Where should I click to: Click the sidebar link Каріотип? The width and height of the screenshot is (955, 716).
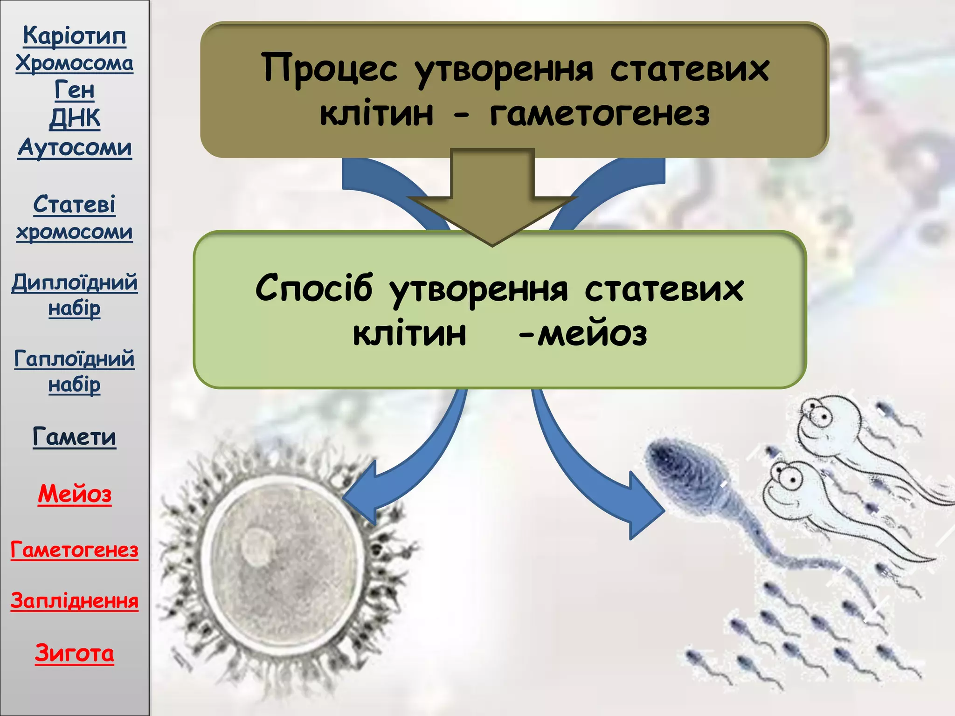click(x=75, y=36)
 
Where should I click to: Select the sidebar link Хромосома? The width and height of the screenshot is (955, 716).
click(x=75, y=63)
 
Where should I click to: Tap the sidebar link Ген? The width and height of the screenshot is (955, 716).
click(x=75, y=90)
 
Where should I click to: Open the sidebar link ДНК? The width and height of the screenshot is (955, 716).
click(x=75, y=118)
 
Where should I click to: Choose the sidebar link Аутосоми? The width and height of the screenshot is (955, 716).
click(x=75, y=148)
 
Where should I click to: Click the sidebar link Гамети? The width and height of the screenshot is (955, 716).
click(x=75, y=437)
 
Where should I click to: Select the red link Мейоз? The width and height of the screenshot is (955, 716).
click(x=75, y=494)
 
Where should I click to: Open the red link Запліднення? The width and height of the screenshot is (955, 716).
click(x=75, y=601)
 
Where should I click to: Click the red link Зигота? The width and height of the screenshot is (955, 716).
click(x=75, y=653)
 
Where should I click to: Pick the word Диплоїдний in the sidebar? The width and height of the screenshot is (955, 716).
click(x=75, y=282)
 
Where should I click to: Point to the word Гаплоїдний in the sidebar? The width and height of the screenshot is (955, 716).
click(x=75, y=359)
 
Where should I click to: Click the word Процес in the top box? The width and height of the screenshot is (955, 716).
click(x=329, y=69)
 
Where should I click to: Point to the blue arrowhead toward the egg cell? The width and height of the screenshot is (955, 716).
click(x=366, y=494)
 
